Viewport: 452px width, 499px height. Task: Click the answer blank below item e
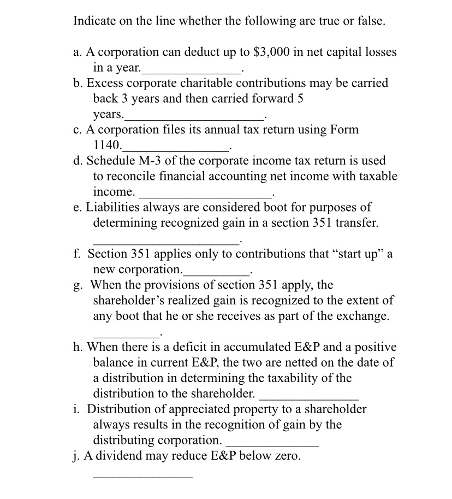[x=165, y=242]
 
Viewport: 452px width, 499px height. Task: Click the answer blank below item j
[x=142, y=478]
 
